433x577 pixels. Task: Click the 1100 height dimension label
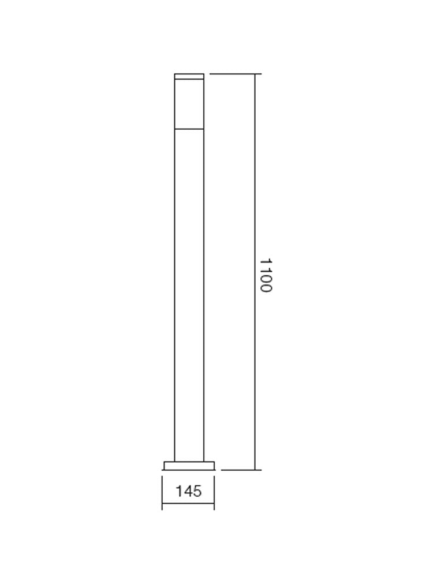pyautogui.click(x=265, y=275)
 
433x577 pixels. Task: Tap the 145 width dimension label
pyautogui.click(x=189, y=492)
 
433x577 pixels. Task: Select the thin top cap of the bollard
pyautogui.click(x=189, y=76)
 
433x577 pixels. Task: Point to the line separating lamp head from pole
pyautogui.click(x=189, y=128)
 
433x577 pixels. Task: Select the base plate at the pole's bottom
pyautogui.click(x=189, y=465)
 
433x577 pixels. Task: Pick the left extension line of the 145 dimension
pyautogui.click(x=162, y=490)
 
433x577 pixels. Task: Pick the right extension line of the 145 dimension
pyautogui.click(x=214, y=490)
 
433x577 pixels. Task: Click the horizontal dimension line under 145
pyautogui.click(x=188, y=506)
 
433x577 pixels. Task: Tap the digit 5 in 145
pyautogui.click(x=197, y=492)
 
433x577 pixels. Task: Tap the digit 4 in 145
pyautogui.click(x=188, y=492)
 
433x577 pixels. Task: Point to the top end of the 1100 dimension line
pyautogui.click(x=255, y=74)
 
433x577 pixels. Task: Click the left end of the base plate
pyautogui.click(x=165, y=466)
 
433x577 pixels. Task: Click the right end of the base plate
pyautogui.click(x=214, y=466)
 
